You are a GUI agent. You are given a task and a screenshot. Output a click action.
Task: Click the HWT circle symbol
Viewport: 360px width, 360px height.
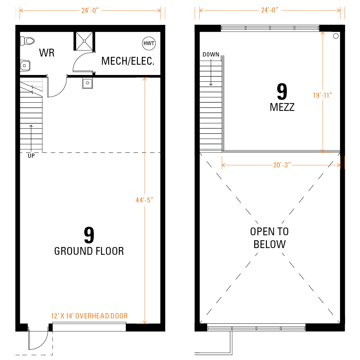(149, 43)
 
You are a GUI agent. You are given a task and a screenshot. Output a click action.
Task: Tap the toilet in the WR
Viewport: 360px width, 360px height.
(27, 41)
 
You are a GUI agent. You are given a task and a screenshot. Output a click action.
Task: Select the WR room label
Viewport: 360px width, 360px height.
(47, 53)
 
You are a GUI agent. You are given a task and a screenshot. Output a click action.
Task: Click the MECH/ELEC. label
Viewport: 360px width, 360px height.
(128, 61)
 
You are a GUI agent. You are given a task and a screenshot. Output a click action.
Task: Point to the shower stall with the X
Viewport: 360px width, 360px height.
(84, 41)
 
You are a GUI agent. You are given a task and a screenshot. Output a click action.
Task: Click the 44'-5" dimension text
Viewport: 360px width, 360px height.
(144, 200)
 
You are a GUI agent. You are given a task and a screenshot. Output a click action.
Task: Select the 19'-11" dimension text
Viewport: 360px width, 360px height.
(323, 95)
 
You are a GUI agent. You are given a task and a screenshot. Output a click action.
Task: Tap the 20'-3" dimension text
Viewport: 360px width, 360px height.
(282, 165)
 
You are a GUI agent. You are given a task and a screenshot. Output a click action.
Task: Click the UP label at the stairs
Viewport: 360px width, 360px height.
(31, 156)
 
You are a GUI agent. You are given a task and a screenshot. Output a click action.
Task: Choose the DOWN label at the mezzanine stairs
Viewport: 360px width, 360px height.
(211, 55)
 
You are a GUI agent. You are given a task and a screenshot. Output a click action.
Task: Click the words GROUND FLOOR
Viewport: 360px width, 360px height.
(89, 251)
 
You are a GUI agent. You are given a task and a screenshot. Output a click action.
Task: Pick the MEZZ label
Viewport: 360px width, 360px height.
(282, 107)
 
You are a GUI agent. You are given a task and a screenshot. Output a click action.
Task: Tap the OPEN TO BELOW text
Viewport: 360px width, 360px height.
(269, 238)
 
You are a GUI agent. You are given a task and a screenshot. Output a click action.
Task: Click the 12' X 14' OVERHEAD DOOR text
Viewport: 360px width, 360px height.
(89, 316)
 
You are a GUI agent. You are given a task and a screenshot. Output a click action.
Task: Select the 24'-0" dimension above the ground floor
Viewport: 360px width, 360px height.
(90, 11)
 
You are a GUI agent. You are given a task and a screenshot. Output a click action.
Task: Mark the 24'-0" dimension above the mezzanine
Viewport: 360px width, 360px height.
(270, 10)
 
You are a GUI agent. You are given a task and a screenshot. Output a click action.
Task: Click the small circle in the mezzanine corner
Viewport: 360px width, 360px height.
(336, 36)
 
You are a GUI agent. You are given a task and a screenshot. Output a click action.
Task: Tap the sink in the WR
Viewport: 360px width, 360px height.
(25, 66)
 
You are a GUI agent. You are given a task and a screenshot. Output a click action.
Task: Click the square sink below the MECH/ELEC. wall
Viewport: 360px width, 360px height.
(87, 83)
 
